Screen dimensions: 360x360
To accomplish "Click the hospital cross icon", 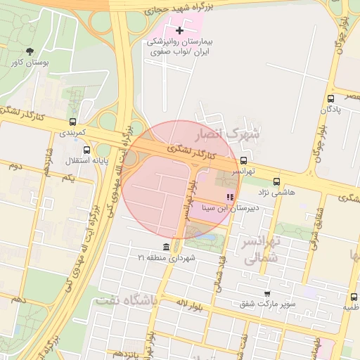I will point(180,30).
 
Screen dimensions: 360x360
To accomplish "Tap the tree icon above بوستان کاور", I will point(30,51).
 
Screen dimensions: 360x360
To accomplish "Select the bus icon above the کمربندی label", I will point(73,122).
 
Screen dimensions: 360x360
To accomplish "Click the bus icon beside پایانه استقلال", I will point(86,150).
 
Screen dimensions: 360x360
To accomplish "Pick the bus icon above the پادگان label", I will point(330,98).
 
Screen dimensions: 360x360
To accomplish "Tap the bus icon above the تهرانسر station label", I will point(243,160).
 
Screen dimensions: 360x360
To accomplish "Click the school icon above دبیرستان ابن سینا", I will point(229,197).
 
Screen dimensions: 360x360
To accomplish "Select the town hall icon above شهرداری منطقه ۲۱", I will point(166,247).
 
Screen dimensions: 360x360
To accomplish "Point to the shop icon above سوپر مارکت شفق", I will point(267,293).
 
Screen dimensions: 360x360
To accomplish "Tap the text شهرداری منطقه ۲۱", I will point(166,259).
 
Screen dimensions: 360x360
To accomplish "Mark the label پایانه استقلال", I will point(65,162).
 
